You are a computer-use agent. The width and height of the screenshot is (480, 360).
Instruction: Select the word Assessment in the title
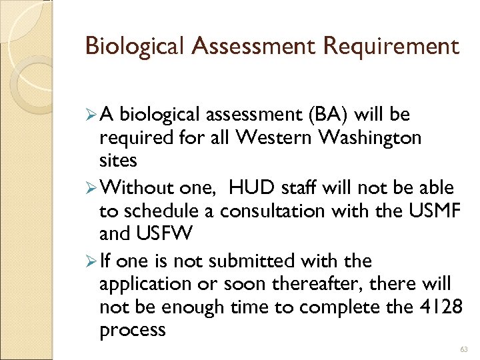[x=234, y=46]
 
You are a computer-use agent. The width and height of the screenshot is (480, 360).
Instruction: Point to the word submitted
[x=261, y=261]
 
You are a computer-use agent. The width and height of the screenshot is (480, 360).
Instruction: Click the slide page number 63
[x=465, y=348]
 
